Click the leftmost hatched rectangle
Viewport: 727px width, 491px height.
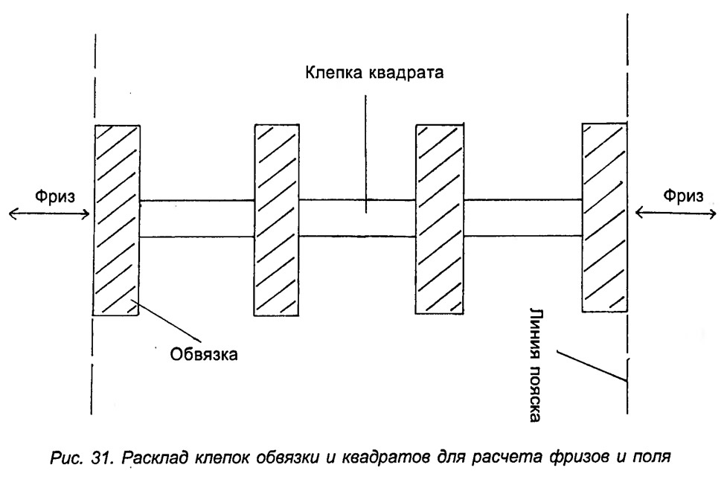pos(116,221)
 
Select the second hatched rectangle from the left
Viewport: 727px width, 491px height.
pos(276,220)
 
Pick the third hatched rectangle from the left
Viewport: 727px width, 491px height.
pos(440,219)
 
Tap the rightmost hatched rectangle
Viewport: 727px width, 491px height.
pos(605,218)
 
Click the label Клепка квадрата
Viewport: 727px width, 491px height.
pos(374,73)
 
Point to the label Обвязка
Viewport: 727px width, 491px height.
pos(204,354)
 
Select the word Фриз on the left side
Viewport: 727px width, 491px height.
pos(55,196)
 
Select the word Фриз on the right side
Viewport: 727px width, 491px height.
pos(683,195)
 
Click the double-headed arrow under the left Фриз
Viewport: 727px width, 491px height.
pos(49,214)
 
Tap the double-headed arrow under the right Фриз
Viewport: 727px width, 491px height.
pos(676,213)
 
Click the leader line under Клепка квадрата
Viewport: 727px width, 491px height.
pos(366,154)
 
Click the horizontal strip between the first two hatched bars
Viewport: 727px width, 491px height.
pos(197,219)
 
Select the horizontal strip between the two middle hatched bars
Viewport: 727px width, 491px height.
pos(357,219)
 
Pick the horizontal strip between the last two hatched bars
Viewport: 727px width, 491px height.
pos(523,218)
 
